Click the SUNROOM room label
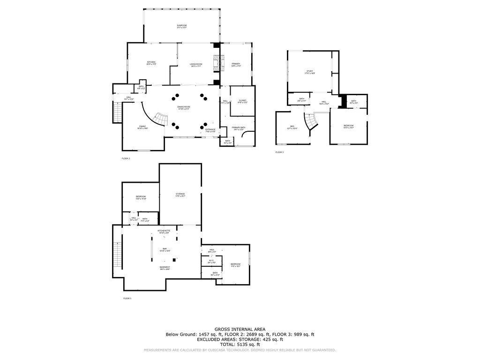(182, 25)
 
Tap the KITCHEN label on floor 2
(151, 62)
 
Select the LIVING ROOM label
(196, 64)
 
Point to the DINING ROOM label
(183, 107)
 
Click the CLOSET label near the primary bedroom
(242, 101)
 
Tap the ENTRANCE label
(210, 130)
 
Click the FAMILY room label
(142, 126)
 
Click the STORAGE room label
(180, 194)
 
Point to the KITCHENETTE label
(164, 231)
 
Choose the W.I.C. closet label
(211, 262)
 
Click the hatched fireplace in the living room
(217, 62)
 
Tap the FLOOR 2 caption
(126, 158)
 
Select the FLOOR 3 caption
(279, 152)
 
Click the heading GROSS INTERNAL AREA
(240, 329)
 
